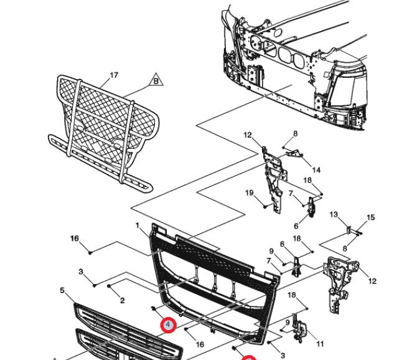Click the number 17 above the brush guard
pyautogui.click(x=114, y=75)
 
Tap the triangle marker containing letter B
pyautogui.click(x=156, y=80)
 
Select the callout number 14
pyautogui.click(x=316, y=170)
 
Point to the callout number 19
pyautogui.click(x=250, y=192)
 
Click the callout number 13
pyautogui.click(x=334, y=215)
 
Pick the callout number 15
pyautogui.click(x=371, y=217)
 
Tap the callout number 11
pyautogui.click(x=320, y=344)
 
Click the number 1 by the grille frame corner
pyautogui.click(x=138, y=225)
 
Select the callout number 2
pyautogui.click(x=123, y=300)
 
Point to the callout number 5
pyautogui.click(x=62, y=290)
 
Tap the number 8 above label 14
pyautogui.click(x=296, y=133)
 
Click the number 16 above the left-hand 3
pyautogui.click(x=74, y=239)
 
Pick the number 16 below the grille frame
pyautogui.click(x=200, y=344)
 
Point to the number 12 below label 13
pyautogui.click(x=372, y=282)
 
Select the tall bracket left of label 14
pyautogui.click(x=271, y=178)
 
